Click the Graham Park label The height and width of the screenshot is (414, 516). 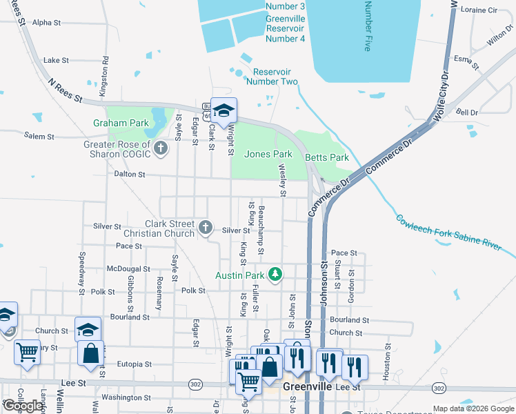[x=121, y=123]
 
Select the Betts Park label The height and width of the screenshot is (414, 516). [x=328, y=157]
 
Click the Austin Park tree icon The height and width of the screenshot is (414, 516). [x=276, y=275]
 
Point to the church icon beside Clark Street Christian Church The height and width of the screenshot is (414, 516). [x=205, y=226]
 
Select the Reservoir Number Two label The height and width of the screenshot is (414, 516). [x=272, y=77]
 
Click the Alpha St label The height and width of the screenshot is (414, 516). [x=47, y=23]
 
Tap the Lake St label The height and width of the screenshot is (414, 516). [x=56, y=61]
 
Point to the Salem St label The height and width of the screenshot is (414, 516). [x=39, y=136]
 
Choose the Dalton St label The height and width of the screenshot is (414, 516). [x=130, y=175]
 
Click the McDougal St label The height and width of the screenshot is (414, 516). [x=128, y=269]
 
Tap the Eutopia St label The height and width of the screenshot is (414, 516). [x=134, y=364]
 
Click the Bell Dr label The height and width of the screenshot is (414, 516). [x=467, y=112]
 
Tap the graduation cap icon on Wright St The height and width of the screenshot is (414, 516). [x=224, y=110]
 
